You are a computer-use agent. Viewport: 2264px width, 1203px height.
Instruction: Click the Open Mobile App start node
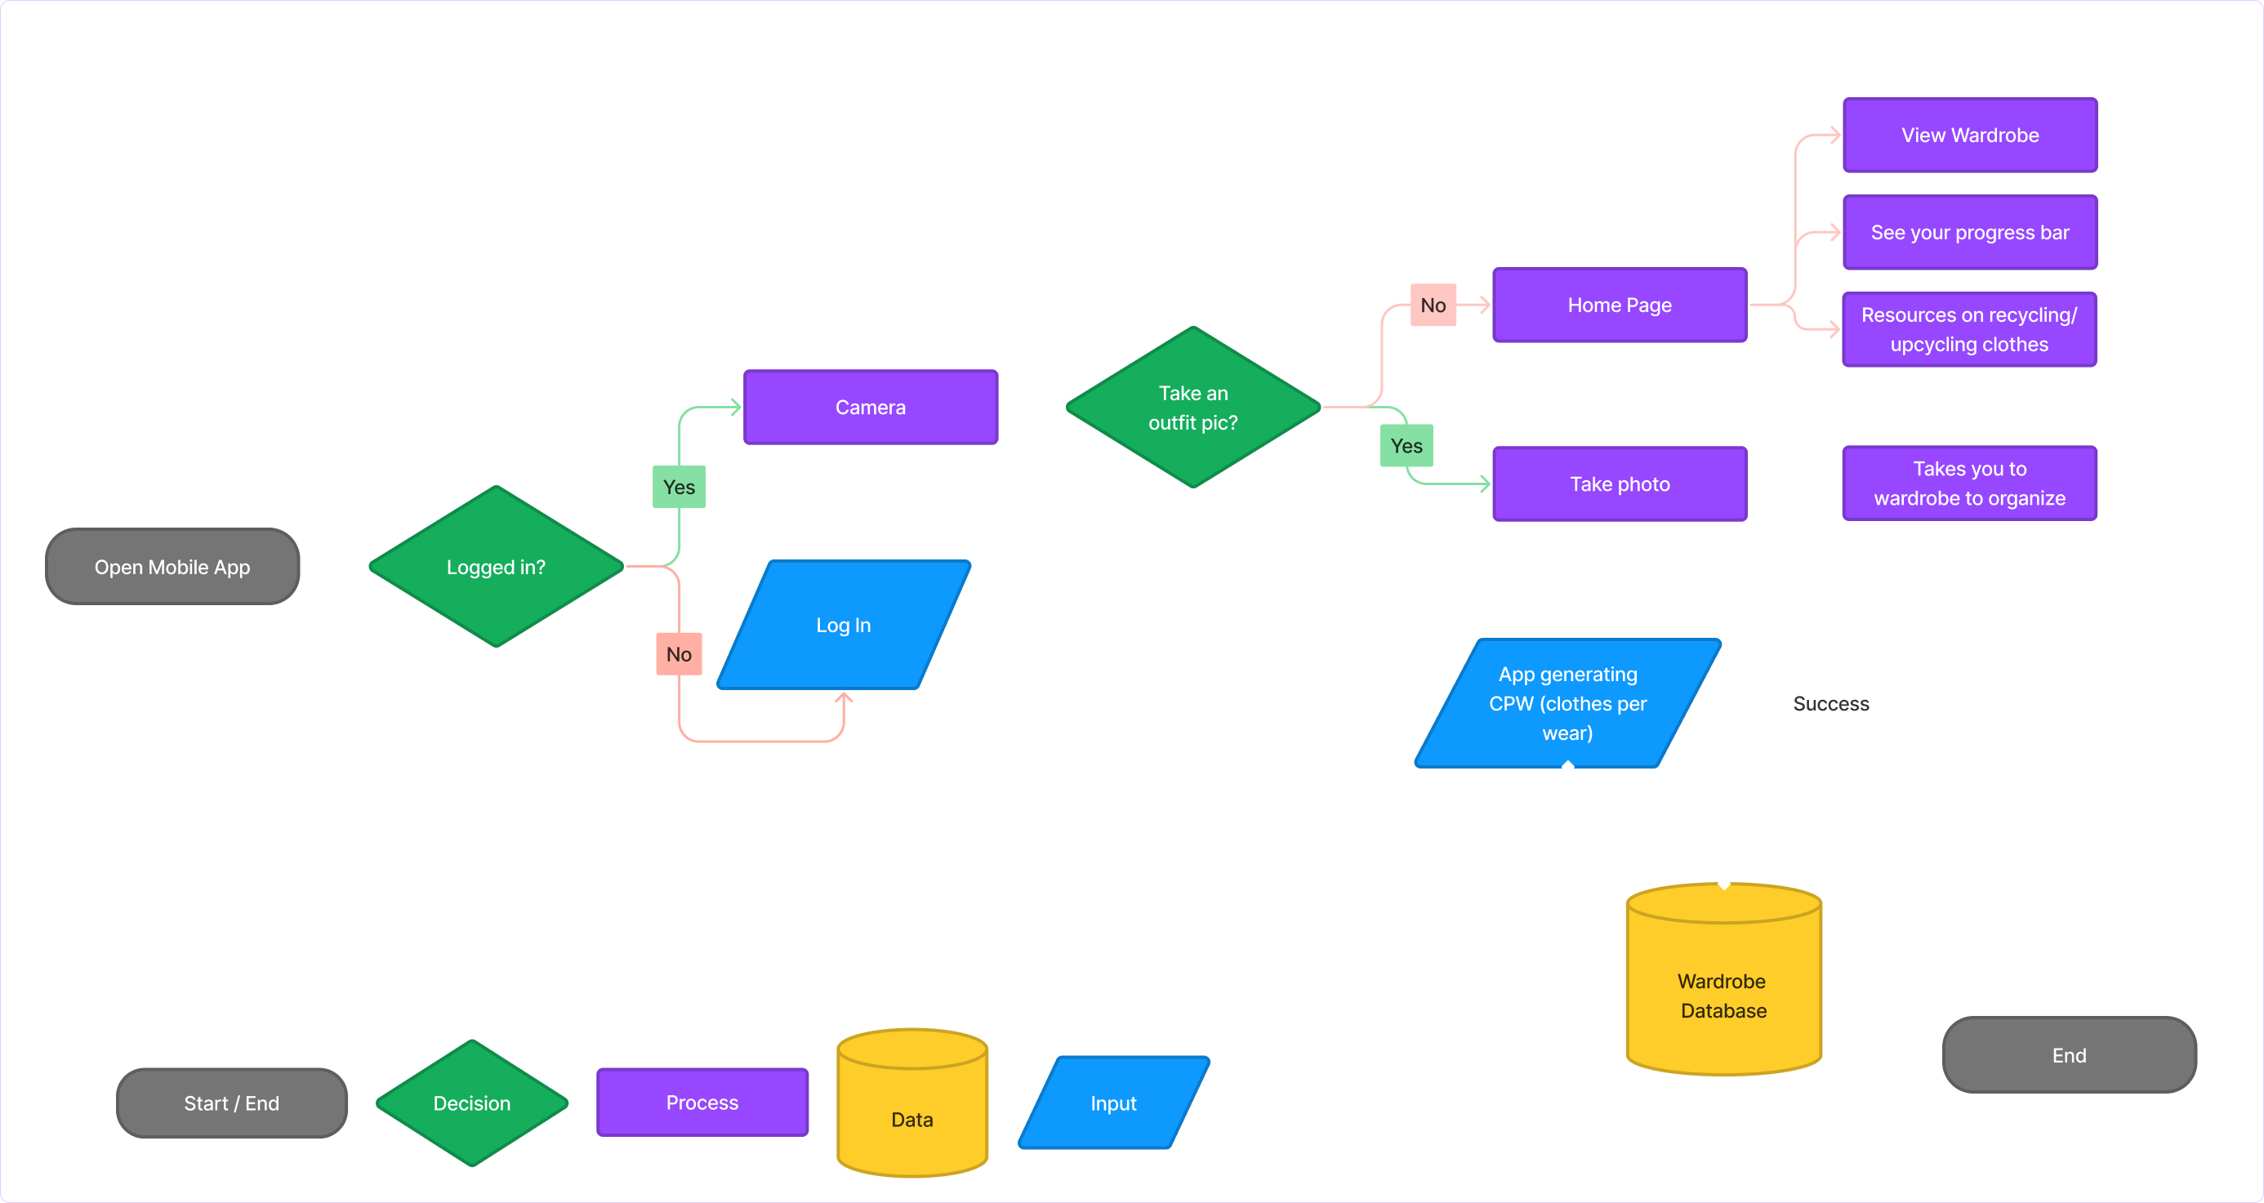click(x=172, y=567)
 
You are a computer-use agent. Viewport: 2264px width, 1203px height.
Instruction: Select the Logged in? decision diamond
click(x=496, y=567)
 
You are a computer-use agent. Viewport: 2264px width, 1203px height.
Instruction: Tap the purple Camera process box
click(x=870, y=407)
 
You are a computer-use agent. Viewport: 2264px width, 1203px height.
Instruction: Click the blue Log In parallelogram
click(x=843, y=625)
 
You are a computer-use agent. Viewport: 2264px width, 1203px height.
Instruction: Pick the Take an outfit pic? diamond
click(x=1192, y=407)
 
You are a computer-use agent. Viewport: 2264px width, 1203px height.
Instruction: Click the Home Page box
click(x=1619, y=305)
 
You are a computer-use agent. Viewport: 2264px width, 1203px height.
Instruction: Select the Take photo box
click(x=1619, y=483)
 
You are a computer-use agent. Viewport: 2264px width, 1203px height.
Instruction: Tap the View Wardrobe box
click(x=1970, y=135)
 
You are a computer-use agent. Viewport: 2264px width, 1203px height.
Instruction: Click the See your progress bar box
click(x=1970, y=232)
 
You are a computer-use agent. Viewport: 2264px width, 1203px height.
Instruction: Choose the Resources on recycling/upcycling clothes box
click(x=1968, y=329)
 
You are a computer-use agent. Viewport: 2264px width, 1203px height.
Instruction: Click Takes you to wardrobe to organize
click(x=1968, y=483)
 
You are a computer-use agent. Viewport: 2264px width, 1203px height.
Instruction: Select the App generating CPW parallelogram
click(x=1567, y=703)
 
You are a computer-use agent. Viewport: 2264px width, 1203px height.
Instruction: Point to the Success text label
click(x=1830, y=704)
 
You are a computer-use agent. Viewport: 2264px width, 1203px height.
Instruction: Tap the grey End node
click(x=2068, y=1054)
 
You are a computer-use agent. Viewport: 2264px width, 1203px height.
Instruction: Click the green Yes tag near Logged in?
click(x=679, y=487)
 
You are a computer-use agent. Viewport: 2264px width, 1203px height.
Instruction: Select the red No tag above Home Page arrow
click(x=1433, y=305)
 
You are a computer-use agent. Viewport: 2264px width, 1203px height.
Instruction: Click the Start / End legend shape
click(x=231, y=1103)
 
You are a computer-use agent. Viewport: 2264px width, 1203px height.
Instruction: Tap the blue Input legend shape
click(x=1112, y=1103)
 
